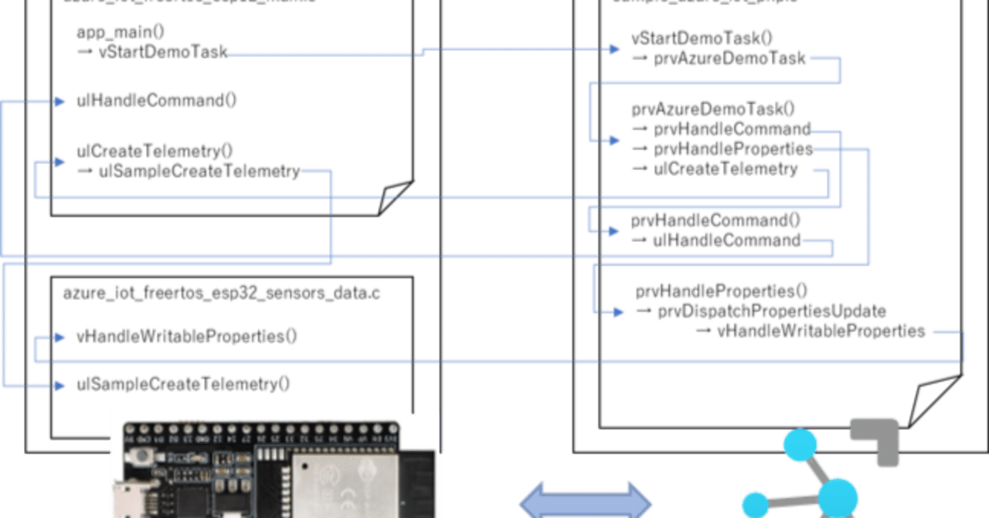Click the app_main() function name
pos(121,32)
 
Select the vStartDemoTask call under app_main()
pos(163,52)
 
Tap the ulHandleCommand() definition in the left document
pos(156,100)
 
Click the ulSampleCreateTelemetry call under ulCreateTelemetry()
pos(199,172)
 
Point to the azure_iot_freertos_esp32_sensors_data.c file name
pos(222,294)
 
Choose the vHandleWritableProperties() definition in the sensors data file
pos(187,336)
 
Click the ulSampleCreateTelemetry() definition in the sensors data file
pos(183,383)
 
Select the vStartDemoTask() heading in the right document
pos(702,38)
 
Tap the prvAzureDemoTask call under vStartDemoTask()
pos(730,58)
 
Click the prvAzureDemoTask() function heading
pos(713,107)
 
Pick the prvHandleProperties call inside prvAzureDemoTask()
pos(733,148)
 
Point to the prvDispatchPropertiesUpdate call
pos(771,312)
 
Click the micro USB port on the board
pos(124,495)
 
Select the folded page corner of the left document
pos(396,196)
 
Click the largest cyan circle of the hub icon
pos(838,495)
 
